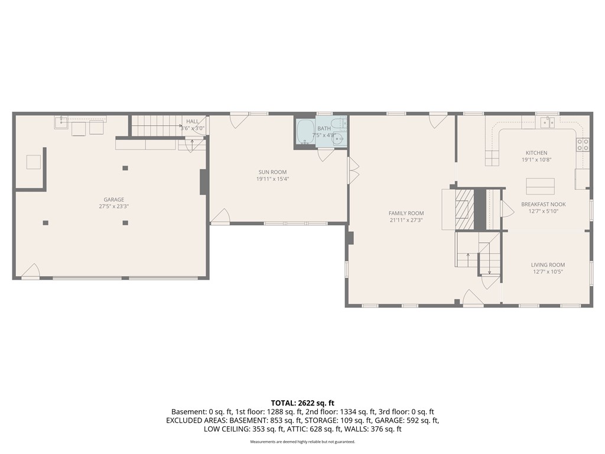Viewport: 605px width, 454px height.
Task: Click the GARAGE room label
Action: tap(111, 199)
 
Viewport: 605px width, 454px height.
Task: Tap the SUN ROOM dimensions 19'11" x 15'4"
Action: tap(272, 179)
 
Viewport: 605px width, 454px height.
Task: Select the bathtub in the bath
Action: tap(305, 132)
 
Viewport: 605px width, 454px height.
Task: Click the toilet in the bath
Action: tap(337, 124)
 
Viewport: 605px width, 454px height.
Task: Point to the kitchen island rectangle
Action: tap(540, 186)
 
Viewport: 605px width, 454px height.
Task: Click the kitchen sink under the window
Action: tap(547, 122)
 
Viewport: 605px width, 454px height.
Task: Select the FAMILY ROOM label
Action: tap(406, 213)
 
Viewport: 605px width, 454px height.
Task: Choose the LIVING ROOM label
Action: tap(548, 265)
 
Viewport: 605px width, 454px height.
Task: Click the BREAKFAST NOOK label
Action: tap(543, 203)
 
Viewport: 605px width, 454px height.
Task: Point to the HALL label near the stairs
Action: tap(193, 121)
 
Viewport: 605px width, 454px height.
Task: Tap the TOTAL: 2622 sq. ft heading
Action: tap(302, 403)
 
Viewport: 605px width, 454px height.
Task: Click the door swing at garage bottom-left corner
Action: tap(31, 271)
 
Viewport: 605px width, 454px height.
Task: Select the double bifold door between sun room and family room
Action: tap(353, 171)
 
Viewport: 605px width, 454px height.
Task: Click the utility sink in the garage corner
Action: tap(61, 122)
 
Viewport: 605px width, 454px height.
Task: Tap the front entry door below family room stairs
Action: tap(474, 299)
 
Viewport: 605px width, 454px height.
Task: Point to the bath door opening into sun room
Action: tap(325, 155)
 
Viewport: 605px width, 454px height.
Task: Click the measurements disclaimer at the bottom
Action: tap(302, 442)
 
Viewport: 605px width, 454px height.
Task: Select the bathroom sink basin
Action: tap(337, 140)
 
